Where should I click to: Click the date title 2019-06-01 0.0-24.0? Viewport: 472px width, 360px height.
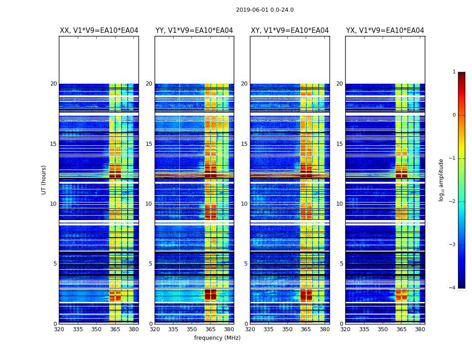[265, 10]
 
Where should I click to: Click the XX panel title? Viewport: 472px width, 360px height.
[99, 31]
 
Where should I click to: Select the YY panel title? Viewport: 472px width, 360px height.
[194, 31]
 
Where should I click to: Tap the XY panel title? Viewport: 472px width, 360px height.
[289, 31]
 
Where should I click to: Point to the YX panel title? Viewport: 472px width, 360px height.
[385, 31]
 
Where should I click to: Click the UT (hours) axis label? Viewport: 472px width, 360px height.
[44, 180]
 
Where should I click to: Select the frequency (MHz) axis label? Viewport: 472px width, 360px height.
[217, 338]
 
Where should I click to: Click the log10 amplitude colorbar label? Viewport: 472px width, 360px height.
[441, 180]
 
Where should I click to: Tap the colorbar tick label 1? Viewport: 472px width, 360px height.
[454, 72]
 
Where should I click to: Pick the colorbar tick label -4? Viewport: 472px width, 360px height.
[453, 288]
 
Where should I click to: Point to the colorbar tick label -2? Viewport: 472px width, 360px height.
[453, 202]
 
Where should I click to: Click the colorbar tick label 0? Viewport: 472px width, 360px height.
[454, 115]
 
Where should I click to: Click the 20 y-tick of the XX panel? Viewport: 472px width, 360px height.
[53, 84]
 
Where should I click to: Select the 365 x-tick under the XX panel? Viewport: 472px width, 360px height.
[115, 329]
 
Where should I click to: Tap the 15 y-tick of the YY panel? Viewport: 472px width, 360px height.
[149, 144]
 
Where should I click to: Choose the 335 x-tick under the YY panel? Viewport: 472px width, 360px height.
[173, 329]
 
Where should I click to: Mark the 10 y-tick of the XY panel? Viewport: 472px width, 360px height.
[244, 204]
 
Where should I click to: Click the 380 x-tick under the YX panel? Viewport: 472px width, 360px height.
[420, 329]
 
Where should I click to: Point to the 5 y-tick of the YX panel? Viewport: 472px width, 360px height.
[341, 264]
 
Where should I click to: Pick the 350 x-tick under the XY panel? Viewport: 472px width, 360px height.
[287, 329]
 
